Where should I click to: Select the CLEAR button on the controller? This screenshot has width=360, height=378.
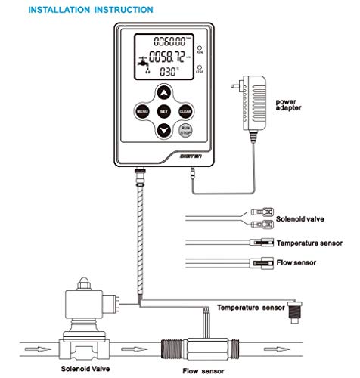coord(186,112)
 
